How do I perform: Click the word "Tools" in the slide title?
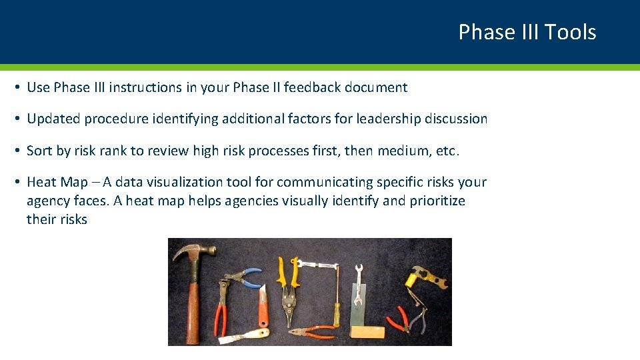[x=570, y=32]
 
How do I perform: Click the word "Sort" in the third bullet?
[x=39, y=151]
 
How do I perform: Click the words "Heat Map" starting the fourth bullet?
[x=57, y=182]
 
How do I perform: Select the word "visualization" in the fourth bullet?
[x=201, y=182]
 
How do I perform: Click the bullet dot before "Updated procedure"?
[x=18, y=119]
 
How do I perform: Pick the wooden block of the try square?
[x=367, y=331]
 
